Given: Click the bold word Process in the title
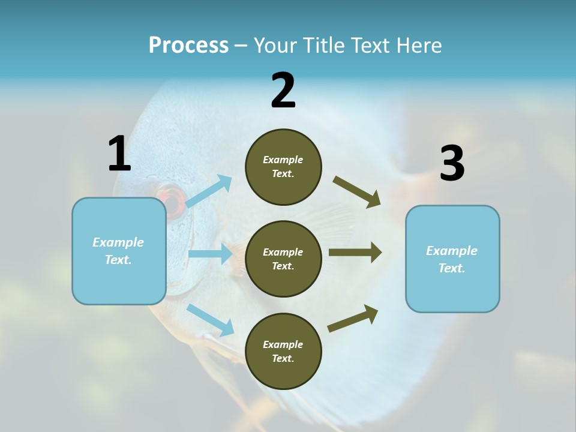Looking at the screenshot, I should coord(188,45).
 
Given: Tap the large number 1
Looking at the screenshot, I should coord(119,154).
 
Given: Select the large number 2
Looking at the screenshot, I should coord(283,90).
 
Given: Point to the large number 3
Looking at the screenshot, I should coord(452,164).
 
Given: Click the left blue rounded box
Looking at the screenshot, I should coord(119,251).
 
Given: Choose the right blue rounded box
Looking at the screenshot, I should coord(452,259).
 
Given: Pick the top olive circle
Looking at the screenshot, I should coord(283,167).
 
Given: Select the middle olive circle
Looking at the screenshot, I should coord(283,259).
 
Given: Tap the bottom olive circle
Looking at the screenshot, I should coord(283,351).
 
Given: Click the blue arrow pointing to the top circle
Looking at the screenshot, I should coord(209,191).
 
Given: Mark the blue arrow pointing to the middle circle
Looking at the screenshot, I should coord(210,254).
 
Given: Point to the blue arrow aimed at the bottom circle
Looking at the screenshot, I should coord(210,320).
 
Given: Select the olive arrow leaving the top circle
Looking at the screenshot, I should coord(357,192).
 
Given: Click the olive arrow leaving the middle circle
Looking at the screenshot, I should coord(355,253).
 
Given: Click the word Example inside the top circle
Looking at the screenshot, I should coord(283,160).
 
